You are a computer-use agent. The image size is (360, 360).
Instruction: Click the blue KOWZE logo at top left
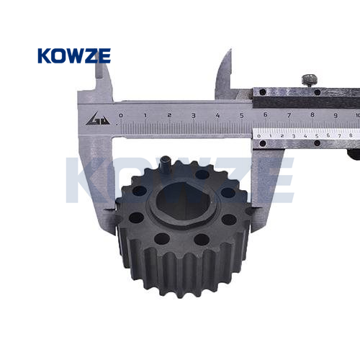(x=74, y=55)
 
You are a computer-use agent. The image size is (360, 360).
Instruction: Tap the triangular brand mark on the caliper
(x=98, y=119)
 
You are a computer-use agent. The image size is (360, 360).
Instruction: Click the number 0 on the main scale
(x=121, y=115)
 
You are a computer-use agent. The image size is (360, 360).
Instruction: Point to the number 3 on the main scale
(x=194, y=115)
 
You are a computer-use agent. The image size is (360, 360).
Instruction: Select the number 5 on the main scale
(x=242, y=115)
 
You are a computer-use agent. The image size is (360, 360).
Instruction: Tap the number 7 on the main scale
(x=289, y=115)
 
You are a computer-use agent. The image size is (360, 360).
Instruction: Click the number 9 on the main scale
(x=336, y=115)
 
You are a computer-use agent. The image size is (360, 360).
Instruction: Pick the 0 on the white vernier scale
(x=258, y=136)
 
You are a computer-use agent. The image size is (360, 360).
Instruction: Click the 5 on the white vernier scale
(x=317, y=136)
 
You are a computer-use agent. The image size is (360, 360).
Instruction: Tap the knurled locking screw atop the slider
(x=310, y=81)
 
